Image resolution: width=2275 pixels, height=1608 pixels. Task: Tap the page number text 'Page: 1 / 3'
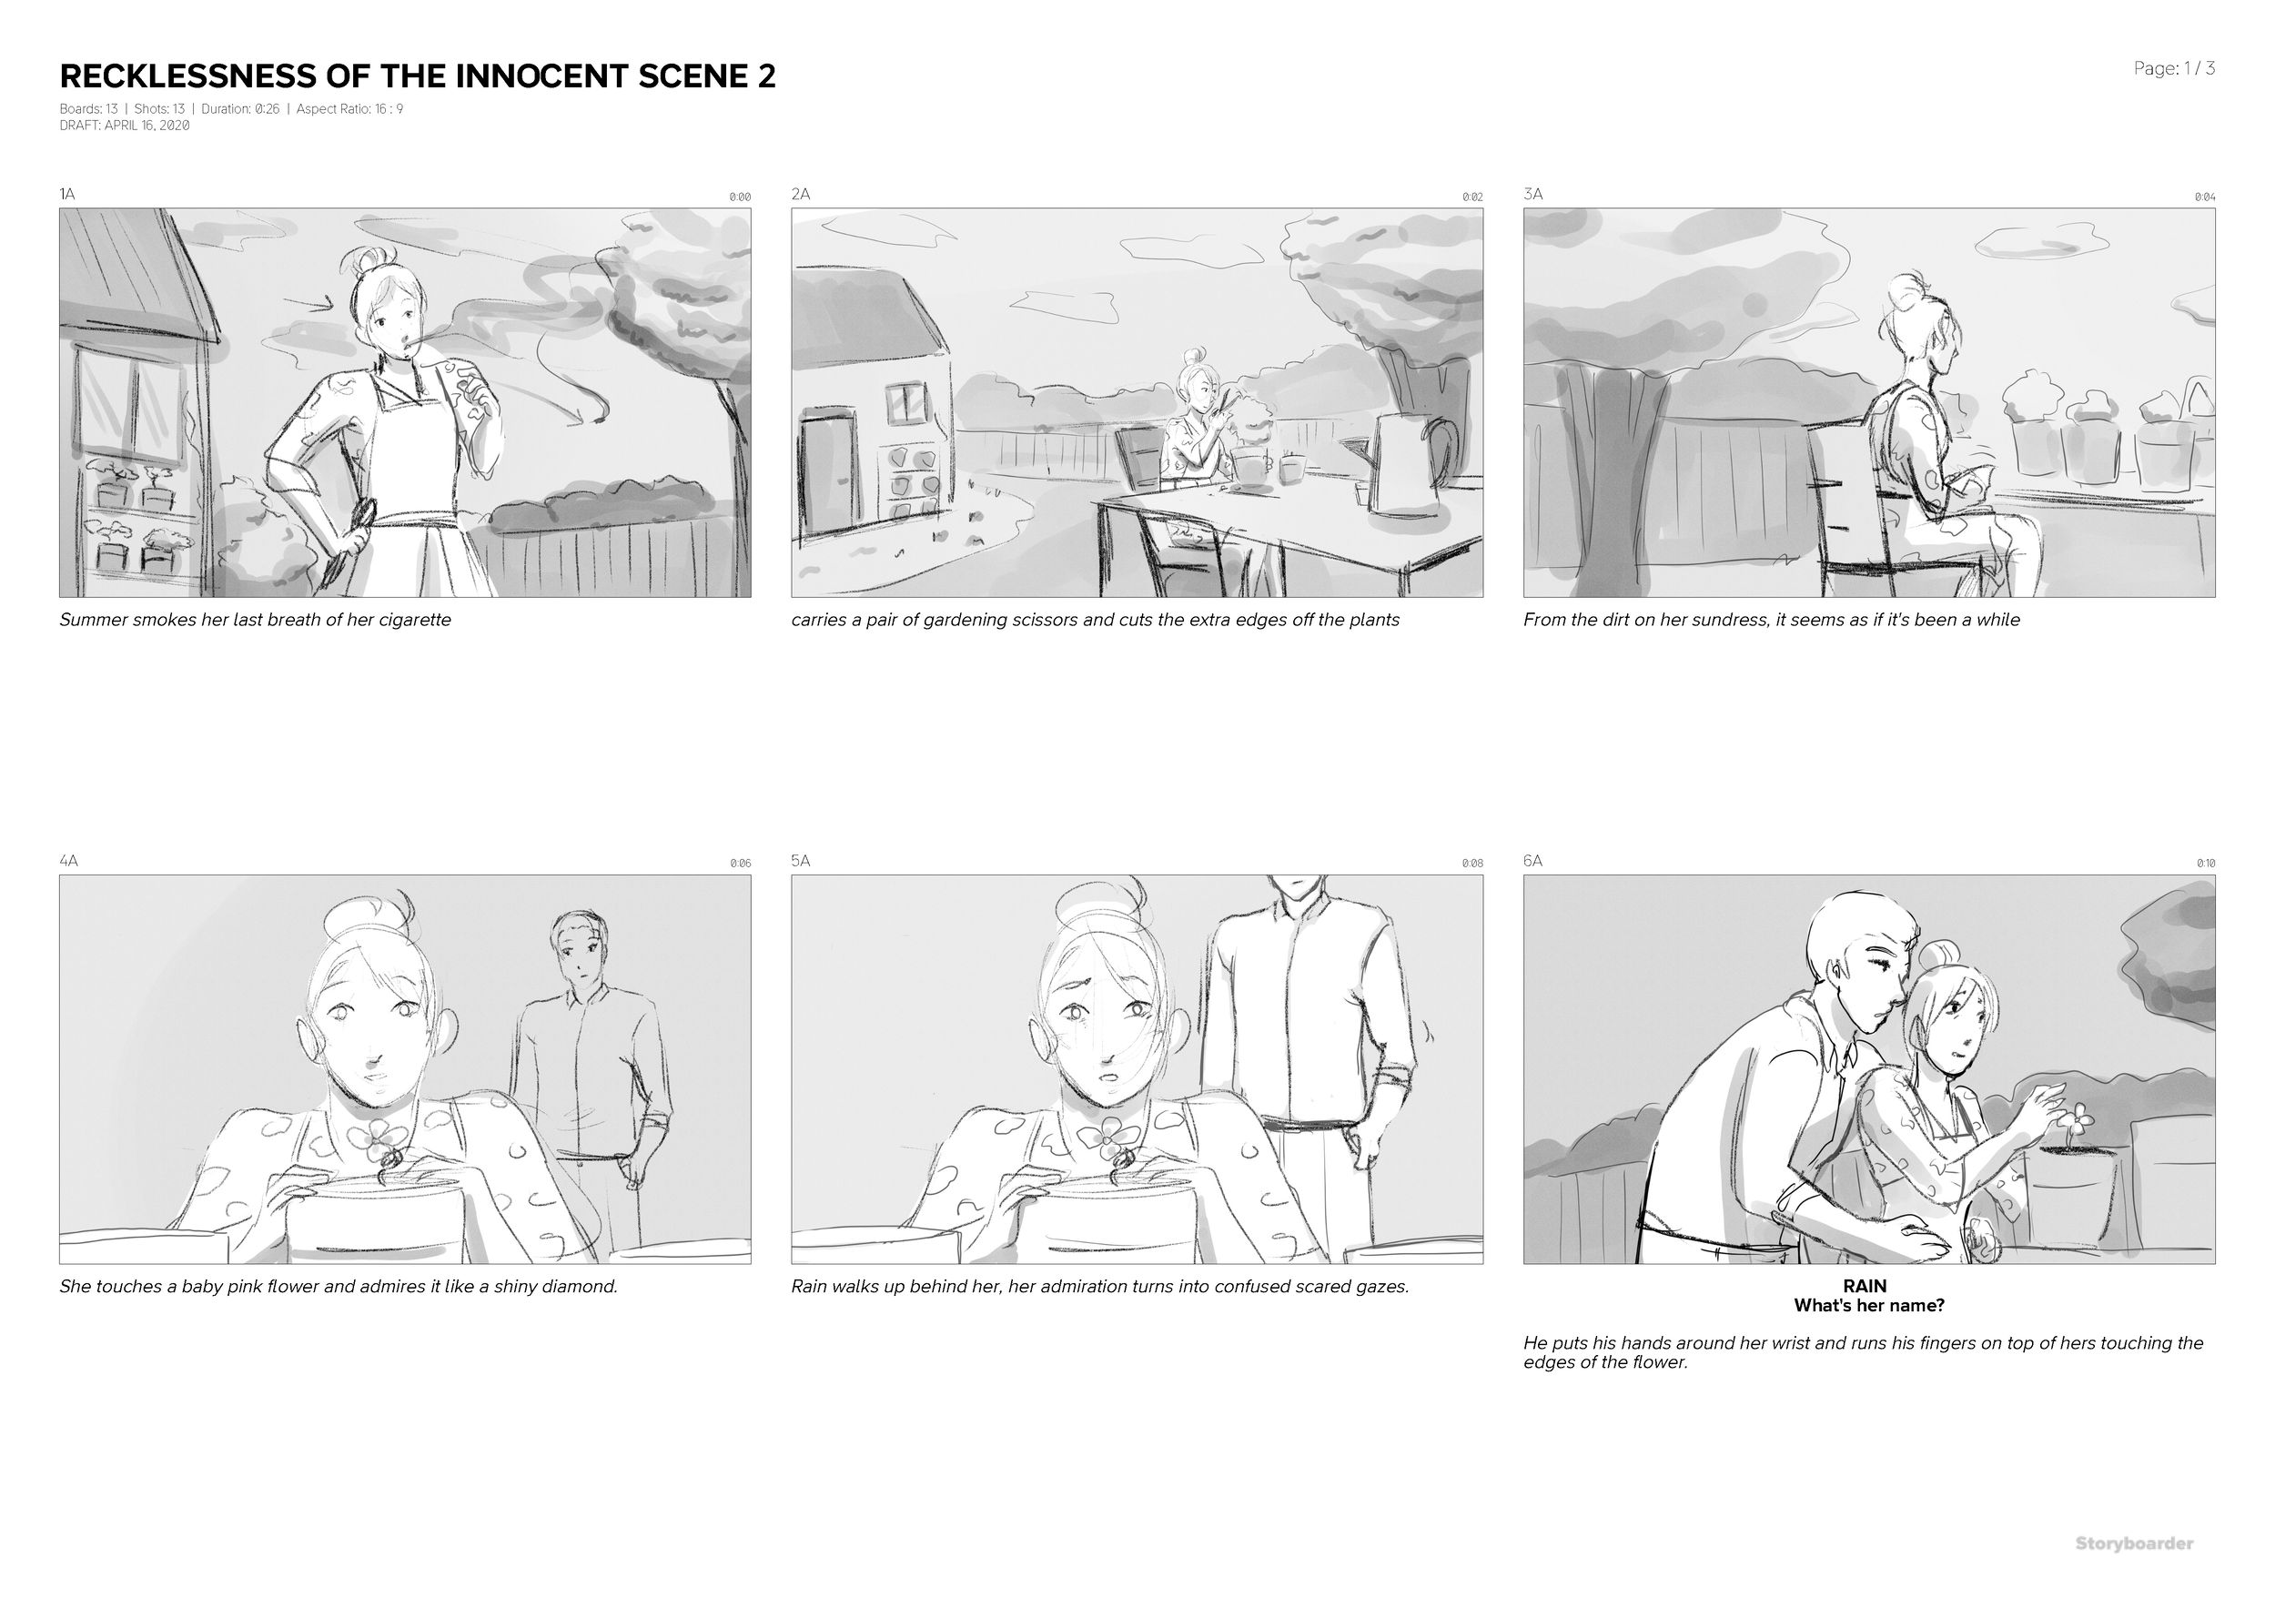pos(2174,68)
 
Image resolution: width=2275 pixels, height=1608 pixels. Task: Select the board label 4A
pos(68,861)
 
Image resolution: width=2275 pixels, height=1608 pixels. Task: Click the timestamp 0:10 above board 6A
pos(2205,864)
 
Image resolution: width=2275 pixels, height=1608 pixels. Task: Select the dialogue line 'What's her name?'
pos(1869,1306)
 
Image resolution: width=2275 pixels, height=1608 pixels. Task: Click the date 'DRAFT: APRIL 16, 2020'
pos(125,126)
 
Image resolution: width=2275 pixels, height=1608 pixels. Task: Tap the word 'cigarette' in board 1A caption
pos(415,621)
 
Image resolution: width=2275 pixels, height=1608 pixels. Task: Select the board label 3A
pos(1532,194)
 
